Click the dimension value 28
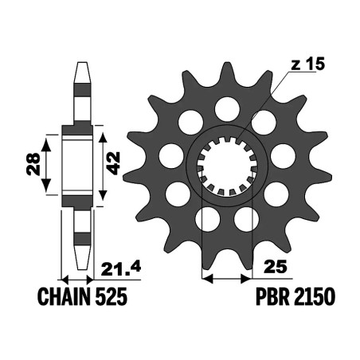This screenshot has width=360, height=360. [x=33, y=164]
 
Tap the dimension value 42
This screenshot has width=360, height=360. [x=114, y=163]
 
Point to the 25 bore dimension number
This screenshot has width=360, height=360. [x=276, y=267]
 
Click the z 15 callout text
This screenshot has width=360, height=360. [x=307, y=64]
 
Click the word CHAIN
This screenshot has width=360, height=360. [x=65, y=296]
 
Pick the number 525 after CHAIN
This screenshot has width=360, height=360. [x=111, y=296]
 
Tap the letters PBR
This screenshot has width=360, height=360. [x=272, y=296]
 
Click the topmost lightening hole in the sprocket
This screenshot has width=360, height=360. [x=227, y=109]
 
